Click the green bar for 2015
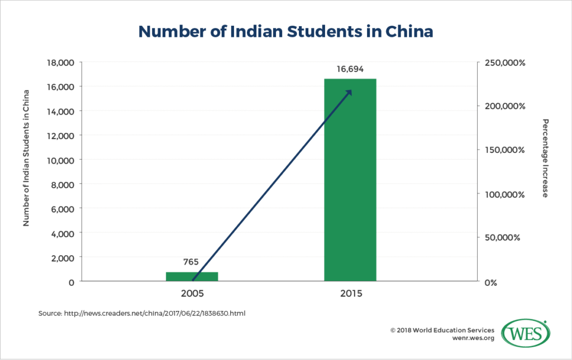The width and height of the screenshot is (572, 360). point(350,179)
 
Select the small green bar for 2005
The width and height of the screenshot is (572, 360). point(192,276)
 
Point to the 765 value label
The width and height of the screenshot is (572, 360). point(192,262)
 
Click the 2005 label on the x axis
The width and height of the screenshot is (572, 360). point(192,293)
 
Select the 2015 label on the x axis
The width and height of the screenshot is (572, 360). point(350,293)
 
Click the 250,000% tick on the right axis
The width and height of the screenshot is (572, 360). point(504,63)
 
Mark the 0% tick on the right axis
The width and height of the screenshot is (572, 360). point(491,282)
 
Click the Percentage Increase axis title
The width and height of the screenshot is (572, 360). point(545,158)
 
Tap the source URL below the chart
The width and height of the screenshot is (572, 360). point(142,314)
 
